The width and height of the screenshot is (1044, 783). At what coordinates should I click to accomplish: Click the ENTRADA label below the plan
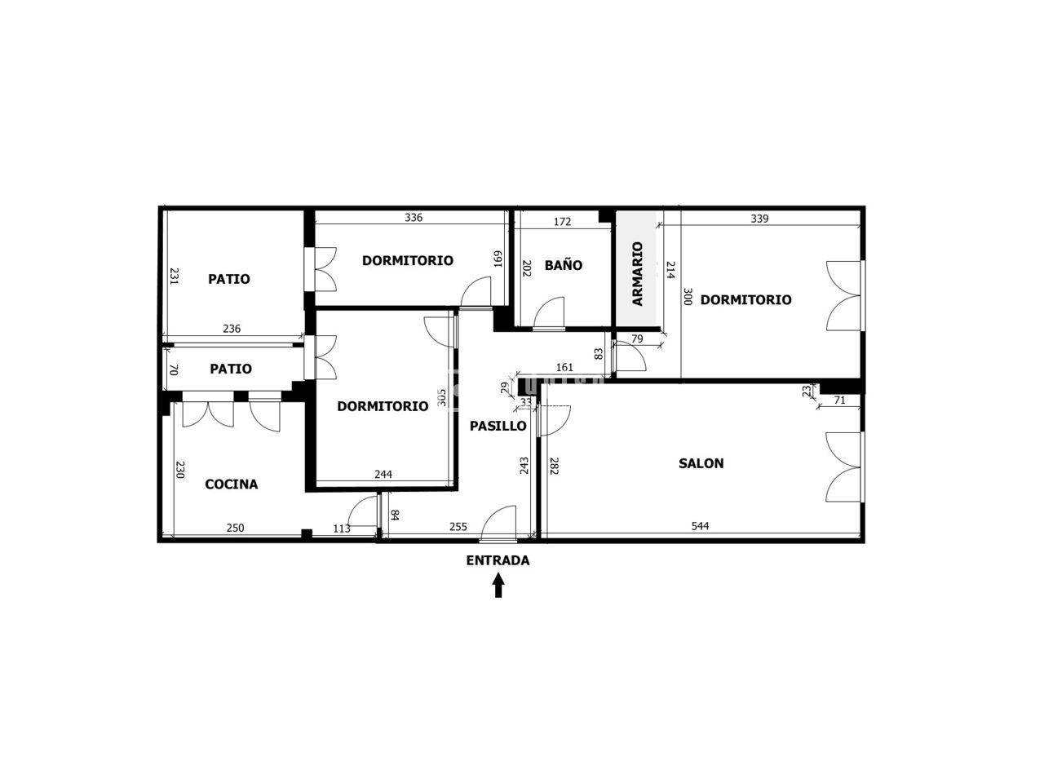coord(498,560)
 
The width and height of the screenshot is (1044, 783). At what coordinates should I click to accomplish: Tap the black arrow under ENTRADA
coord(498,586)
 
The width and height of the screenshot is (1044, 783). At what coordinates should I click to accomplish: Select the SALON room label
coord(701,463)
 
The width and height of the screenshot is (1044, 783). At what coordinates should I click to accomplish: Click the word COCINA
coord(231,484)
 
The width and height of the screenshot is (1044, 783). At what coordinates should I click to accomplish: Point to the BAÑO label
coord(563,265)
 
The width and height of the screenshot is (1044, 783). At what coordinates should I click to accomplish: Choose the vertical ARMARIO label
coord(637,274)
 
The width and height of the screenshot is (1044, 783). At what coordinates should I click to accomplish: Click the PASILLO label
coord(498,426)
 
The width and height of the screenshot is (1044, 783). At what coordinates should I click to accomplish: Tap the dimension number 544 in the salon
coord(700,526)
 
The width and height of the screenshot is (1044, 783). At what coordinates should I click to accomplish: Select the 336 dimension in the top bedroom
coord(414,217)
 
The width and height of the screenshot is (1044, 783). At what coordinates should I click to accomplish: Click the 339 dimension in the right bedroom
coord(759,219)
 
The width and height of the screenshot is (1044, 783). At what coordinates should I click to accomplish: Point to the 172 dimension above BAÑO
coord(562,222)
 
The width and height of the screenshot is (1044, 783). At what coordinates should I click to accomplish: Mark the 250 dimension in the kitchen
coord(235,528)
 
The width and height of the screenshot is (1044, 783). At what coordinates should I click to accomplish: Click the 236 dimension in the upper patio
coord(232,329)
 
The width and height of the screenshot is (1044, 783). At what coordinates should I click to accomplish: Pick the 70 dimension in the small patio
coord(174,369)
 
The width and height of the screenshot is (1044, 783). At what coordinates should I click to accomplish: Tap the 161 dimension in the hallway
coord(564,367)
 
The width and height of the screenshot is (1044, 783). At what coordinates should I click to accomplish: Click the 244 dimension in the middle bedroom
coord(383,474)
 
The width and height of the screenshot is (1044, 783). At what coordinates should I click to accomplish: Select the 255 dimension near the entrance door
coord(458,527)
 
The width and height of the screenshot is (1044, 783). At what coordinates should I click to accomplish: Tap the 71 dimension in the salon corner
coord(839,400)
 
